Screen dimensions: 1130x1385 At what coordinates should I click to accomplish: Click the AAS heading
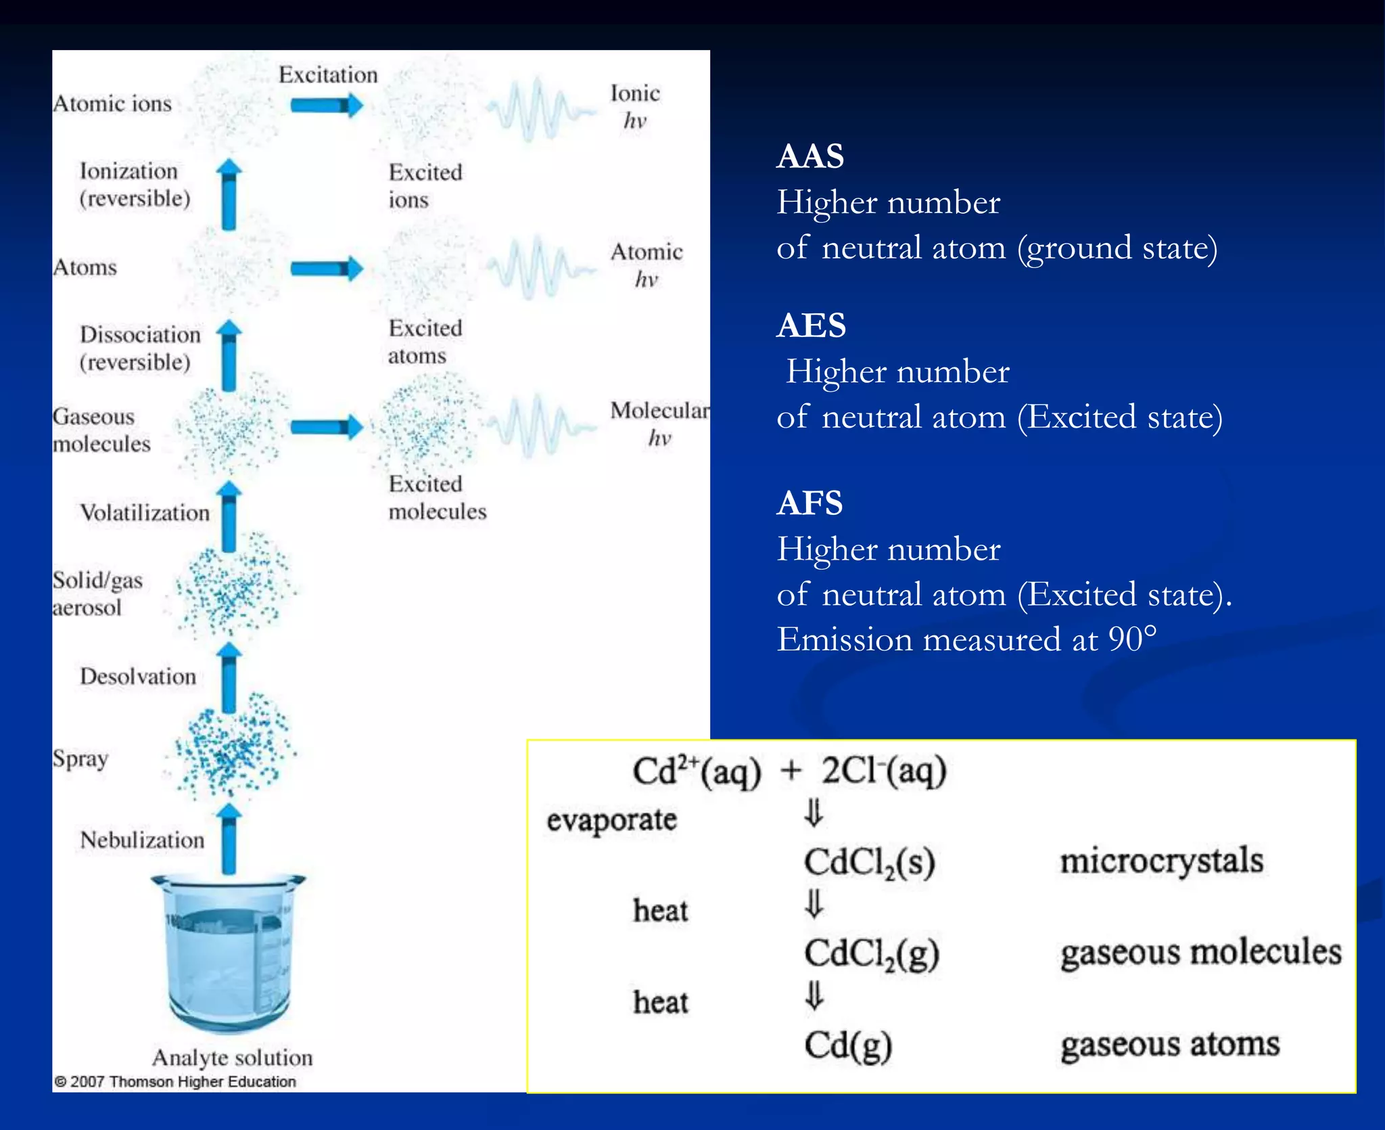[x=810, y=156]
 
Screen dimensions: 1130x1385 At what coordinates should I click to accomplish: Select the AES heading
[x=811, y=325]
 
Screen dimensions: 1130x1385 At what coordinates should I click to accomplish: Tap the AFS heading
[x=809, y=503]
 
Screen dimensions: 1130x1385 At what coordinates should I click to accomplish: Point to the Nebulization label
[x=142, y=840]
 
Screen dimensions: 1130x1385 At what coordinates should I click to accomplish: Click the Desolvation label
[x=138, y=676]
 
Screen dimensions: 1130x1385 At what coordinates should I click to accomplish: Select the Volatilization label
[x=145, y=512]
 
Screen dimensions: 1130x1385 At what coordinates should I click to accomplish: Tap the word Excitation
[x=328, y=74]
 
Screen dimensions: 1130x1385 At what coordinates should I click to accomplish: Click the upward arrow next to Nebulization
[x=230, y=838]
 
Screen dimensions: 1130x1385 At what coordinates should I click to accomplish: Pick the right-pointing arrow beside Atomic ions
[x=327, y=105]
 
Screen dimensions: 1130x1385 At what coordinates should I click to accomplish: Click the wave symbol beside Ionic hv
[x=539, y=110]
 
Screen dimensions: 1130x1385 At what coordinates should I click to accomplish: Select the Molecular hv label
[x=659, y=424]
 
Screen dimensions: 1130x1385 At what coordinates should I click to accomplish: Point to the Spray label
[x=80, y=759]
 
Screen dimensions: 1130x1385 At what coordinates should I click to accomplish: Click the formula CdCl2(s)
[x=869, y=863]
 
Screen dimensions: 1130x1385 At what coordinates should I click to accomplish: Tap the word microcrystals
[x=1161, y=861]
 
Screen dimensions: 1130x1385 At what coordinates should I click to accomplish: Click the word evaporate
[x=611, y=820]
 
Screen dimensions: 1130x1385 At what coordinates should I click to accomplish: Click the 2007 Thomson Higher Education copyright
[x=175, y=1081]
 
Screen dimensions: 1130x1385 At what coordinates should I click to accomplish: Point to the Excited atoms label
[x=425, y=342]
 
